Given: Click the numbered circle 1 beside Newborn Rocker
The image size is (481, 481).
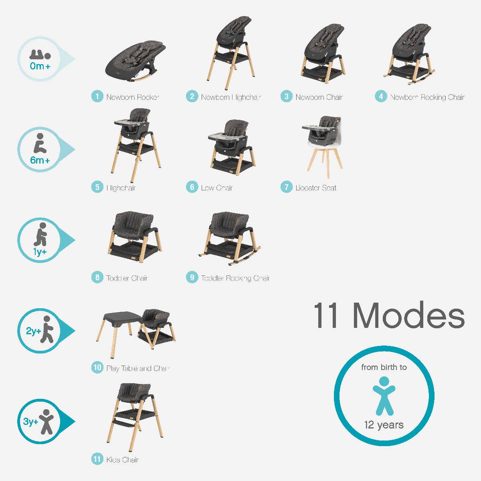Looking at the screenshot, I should pos(97,97).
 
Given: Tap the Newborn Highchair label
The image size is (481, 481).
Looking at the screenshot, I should pos(231,97).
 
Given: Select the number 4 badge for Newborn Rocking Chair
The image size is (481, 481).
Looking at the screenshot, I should pos(381,97).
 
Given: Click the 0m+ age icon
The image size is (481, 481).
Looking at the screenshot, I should pos(40,59).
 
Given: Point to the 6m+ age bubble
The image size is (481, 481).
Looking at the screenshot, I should pos(40,150).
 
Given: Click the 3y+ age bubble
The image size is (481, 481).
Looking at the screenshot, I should pos(40,421).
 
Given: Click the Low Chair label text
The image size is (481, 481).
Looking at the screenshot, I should pos(216,188).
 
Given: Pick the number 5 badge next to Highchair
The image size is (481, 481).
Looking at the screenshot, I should pos(97,187).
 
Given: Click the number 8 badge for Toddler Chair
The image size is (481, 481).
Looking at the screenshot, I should pos(97,278).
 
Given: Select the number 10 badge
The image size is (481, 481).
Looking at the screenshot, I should pos(97,368).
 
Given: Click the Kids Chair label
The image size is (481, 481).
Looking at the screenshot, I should pos(122,460).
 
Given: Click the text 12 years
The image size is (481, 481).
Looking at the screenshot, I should pos(384,425).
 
